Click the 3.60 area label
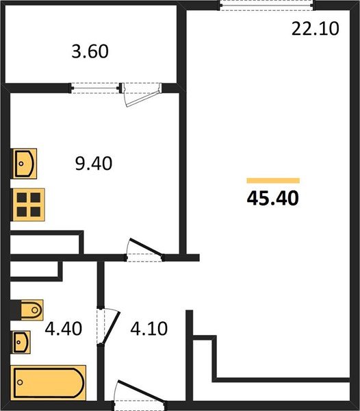tap(90, 51)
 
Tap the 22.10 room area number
tap(316, 29)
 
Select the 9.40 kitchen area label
tap(94, 163)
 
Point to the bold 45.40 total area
tap(272, 198)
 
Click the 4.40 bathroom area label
tap(64, 329)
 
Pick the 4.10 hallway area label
tap(149, 329)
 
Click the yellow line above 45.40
tap(273, 180)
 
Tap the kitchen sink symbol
tap(25, 164)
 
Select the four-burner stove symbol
tap(29, 205)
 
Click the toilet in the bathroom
tap(31, 310)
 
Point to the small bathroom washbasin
tap(21, 342)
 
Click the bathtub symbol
tap(49, 383)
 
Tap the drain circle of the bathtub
tap(20, 382)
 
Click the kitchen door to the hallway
tap(146, 247)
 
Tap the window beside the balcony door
tap(95, 88)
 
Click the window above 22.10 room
tap(267, 5)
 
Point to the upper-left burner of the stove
tap(22, 198)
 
